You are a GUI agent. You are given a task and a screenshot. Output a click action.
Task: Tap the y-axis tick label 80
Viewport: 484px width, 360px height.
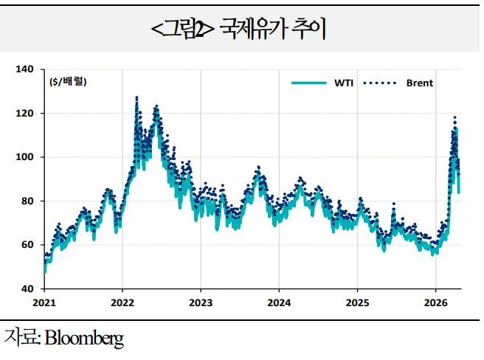point(27,201)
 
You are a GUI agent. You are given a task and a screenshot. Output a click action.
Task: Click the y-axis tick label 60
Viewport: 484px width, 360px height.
point(27,245)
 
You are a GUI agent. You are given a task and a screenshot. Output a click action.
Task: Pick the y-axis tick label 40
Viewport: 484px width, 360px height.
point(27,288)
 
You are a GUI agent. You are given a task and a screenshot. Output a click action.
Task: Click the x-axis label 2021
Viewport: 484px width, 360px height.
point(44,302)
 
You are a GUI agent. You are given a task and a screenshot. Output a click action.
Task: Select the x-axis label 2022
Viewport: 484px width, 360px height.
point(122,302)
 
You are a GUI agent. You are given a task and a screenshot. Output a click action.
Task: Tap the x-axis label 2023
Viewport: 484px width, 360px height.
point(201,302)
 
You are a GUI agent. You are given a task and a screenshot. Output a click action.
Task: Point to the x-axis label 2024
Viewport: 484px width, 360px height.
point(279,302)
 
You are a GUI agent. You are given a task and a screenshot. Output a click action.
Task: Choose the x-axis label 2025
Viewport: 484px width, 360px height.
point(357,302)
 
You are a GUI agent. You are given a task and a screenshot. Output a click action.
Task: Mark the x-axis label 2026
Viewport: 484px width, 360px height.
point(435,302)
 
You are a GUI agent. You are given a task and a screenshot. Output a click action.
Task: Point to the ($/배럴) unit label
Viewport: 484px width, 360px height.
point(68,82)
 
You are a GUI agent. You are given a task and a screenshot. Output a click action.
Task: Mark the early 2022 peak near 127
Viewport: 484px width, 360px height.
point(136,97)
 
